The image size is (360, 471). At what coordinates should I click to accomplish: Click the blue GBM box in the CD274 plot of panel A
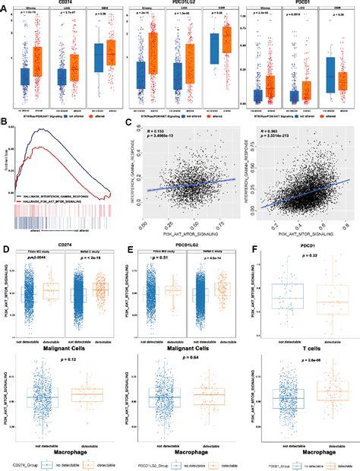pos(98,58)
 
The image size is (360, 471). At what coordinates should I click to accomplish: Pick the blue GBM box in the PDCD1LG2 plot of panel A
pos(215,45)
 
